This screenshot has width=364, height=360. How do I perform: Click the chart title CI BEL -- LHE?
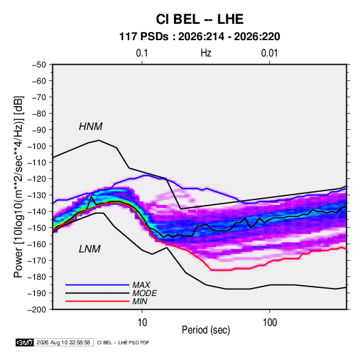[199, 19]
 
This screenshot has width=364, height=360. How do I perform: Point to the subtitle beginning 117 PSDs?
[199, 37]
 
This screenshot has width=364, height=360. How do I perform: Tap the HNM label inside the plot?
[90, 127]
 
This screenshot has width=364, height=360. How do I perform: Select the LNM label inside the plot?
[90, 249]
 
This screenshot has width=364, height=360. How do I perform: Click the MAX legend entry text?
[141, 285]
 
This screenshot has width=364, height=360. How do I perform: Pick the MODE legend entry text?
[145, 293]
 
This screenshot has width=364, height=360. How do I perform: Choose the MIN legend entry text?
[139, 301]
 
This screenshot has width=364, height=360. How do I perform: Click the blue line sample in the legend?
[97, 285]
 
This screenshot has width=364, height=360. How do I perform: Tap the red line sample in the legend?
[97, 301]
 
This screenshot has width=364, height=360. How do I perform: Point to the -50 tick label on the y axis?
[39, 65]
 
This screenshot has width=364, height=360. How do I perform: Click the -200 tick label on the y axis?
[37, 310]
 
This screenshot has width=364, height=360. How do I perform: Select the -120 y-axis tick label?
[37, 179]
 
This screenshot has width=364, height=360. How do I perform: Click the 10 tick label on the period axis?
[142, 323]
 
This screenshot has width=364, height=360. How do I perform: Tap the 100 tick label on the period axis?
[269, 323]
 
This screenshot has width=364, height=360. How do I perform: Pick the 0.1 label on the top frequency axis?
[142, 53]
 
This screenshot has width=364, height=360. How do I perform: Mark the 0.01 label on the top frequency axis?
[269, 53]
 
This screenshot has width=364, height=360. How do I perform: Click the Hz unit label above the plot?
[206, 53]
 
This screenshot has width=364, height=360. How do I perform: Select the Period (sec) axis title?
[206, 330]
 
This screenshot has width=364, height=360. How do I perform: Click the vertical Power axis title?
[18, 187]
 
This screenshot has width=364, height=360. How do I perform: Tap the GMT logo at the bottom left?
[24, 342]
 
